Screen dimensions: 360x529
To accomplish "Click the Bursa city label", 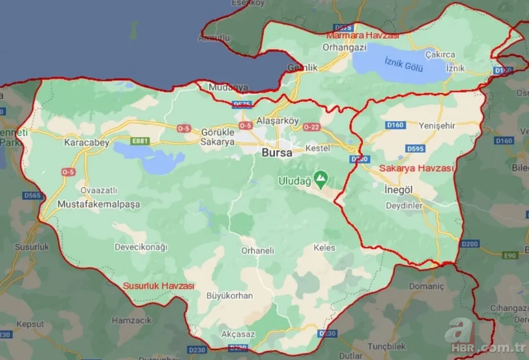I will click(276, 152).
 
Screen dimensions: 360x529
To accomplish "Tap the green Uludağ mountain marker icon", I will click(321, 176).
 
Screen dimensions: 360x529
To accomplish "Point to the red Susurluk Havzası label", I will click(158, 285).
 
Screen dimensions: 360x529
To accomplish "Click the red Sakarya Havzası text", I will click(417, 168).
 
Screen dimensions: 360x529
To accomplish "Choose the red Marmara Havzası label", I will click(363, 35).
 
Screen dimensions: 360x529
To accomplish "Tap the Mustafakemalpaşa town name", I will click(99, 204).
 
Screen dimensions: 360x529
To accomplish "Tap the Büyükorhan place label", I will click(229, 295).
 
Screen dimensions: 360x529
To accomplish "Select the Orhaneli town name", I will click(257, 250).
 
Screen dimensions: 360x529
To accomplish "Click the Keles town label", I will click(324, 248).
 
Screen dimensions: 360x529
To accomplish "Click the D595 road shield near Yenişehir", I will click(416, 149).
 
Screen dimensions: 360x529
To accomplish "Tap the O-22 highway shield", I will click(312, 128).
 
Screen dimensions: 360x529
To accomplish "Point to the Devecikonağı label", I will click(141, 246).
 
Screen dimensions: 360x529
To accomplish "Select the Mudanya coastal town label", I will click(229, 87).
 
